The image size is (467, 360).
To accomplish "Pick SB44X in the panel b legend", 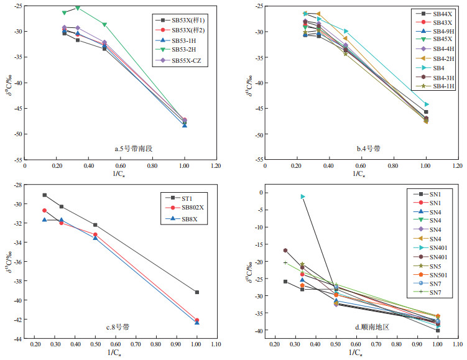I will pyautogui.click(x=442, y=14).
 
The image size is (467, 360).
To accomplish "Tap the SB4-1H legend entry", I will pyautogui.click(x=442, y=86).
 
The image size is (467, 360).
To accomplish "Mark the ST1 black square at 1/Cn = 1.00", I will pyautogui.click(x=197, y=292).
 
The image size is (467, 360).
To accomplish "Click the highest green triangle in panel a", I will pyautogui.click(x=77, y=8).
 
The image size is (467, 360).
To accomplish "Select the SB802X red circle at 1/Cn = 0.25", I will pyautogui.click(x=44, y=210).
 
